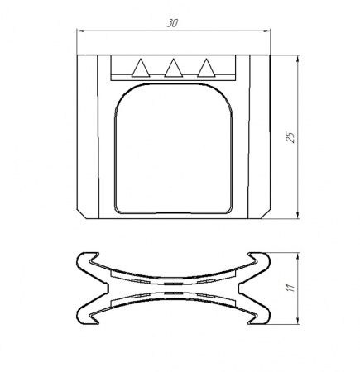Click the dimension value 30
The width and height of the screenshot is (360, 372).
click(x=172, y=23)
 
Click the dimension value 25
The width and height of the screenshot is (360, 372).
click(x=290, y=137)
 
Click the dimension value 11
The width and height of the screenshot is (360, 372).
click(x=290, y=288)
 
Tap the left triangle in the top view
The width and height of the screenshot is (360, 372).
click(x=141, y=68)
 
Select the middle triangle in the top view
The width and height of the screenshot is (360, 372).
click(x=174, y=68)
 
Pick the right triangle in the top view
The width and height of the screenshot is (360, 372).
click(x=206, y=68)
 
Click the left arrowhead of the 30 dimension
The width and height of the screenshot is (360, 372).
click(x=80, y=31)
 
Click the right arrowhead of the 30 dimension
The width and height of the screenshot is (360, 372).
click(x=266, y=31)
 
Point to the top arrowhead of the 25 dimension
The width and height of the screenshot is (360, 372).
click(x=297, y=59)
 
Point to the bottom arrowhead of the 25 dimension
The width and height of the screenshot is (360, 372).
click(x=297, y=215)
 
